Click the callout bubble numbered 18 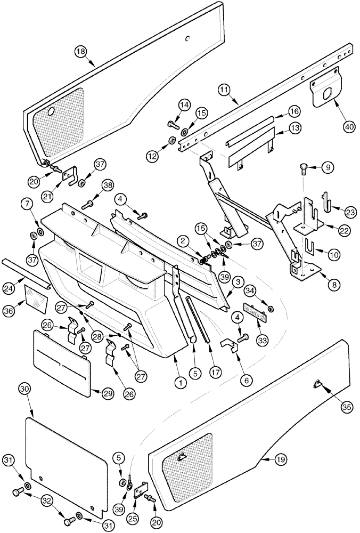click(x=80, y=52)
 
